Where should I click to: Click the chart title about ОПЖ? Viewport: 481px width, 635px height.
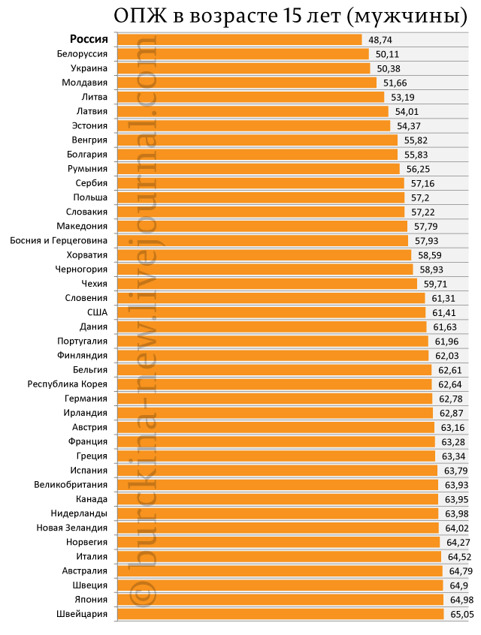[x=290, y=17]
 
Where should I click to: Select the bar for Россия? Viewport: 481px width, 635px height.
[x=239, y=40]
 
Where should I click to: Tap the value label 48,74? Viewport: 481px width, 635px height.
[x=380, y=40]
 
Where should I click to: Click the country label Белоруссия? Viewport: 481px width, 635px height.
[x=82, y=54]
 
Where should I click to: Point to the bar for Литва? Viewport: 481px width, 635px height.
[x=250, y=97]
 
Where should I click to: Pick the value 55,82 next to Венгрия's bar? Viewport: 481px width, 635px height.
[x=416, y=140]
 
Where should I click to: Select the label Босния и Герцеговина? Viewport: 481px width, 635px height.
[x=59, y=241]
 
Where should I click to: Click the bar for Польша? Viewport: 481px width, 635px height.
[x=261, y=197]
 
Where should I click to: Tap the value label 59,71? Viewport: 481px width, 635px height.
[x=436, y=284]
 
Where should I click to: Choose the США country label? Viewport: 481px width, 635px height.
[x=98, y=312]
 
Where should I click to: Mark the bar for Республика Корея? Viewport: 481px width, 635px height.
[x=274, y=384]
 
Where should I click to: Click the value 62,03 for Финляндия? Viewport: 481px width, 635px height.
[x=447, y=356]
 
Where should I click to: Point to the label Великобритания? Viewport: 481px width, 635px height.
[x=71, y=485]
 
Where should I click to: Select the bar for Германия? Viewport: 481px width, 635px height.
[x=275, y=399]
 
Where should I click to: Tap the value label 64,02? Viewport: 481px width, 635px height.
[x=457, y=528]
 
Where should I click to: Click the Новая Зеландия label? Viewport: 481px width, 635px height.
[x=72, y=528]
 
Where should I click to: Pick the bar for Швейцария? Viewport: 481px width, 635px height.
[x=280, y=614]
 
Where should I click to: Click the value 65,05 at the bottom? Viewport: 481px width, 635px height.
[x=462, y=614]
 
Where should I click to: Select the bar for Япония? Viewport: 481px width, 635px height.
[x=280, y=600]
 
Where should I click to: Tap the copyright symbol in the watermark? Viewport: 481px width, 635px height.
[x=142, y=594]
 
